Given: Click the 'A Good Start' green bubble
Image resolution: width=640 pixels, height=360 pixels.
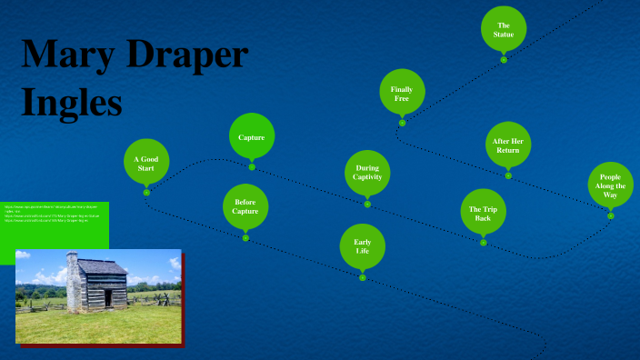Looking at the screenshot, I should pyautogui.click(x=146, y=163).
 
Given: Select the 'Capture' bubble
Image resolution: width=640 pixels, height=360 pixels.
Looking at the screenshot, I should pyautogui.click(x=252, y=136).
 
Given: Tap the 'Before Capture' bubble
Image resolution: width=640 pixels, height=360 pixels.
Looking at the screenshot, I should pyautogui.click(x=245, y=206).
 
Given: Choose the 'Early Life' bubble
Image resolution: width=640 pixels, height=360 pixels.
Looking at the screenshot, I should pyautogui.click(x=362, y=247).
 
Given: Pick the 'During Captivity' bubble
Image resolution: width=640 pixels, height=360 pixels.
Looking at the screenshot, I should pyautogui.click(x=367, y=173).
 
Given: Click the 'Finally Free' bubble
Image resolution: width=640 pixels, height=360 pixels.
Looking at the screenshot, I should pyautogui.click(x=402, y=92).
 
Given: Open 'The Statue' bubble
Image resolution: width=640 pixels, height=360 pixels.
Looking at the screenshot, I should pyautogui.click(x=504, y=29).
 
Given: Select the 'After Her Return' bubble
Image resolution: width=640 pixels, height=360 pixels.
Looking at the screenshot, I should pyautogui.click(x=508, y=145).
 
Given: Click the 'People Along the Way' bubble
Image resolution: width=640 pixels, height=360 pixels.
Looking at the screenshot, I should pyautogui.click(x=610, y=185).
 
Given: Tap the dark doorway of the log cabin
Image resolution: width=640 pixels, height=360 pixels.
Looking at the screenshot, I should pyautogui.click(x=108, y=296).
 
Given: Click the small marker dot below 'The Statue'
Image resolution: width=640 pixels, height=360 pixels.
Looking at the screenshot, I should pyautogui.click(x=504, y=60).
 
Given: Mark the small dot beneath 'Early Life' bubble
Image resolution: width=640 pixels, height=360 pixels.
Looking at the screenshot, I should pyautogui.click(x=362, y=277).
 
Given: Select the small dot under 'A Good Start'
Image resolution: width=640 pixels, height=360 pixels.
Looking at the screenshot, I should pyautogui.click(x=146, y=192).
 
